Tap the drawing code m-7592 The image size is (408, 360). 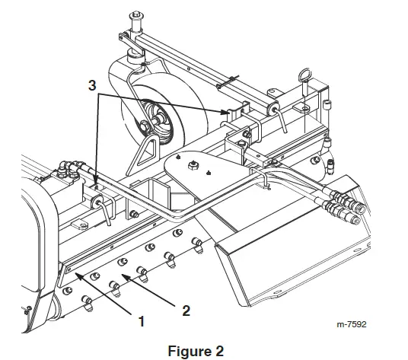click(352, 323)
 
